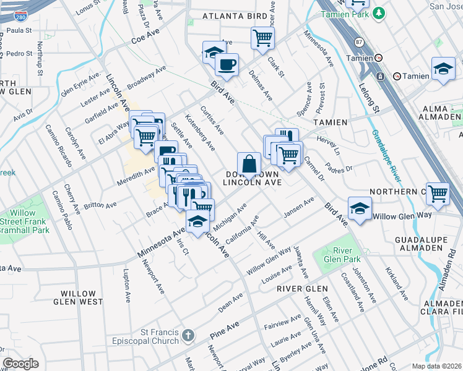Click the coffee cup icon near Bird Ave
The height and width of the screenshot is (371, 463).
tap(227, 64)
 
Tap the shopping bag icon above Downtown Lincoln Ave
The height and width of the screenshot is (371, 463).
tap(249, 164)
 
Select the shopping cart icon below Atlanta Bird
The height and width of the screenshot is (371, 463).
tap(262, 38)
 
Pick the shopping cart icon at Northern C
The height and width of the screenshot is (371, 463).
tap(438, 193)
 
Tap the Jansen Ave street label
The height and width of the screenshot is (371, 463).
tap(299, 207)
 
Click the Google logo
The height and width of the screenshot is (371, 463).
tap(21, 364)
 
